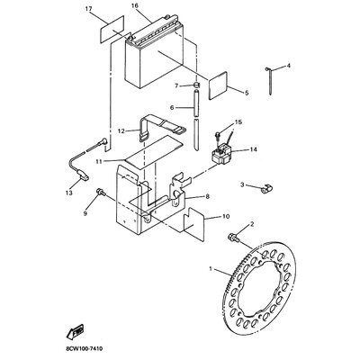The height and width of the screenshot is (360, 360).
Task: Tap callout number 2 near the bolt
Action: click(x=251, y=224)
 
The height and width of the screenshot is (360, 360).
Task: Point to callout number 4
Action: click(x=288, y=66)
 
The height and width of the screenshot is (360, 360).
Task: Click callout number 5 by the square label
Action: click(x=244, y=92)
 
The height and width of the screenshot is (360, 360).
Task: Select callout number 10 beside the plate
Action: click(x=226, y=216)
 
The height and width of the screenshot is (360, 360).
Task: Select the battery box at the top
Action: click(x=157, y=59)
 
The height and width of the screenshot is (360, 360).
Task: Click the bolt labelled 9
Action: click(x=102, y=192)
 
